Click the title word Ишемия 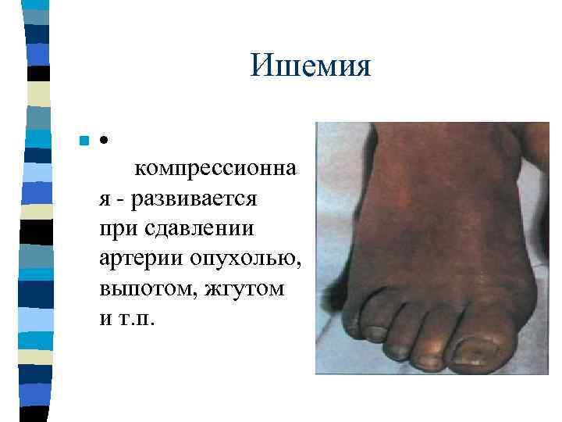tap(311, 66)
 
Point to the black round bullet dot tap(103, 141)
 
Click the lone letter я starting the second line tap(105, 199)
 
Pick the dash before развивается tap(121, 199)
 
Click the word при tap(115, 229)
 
